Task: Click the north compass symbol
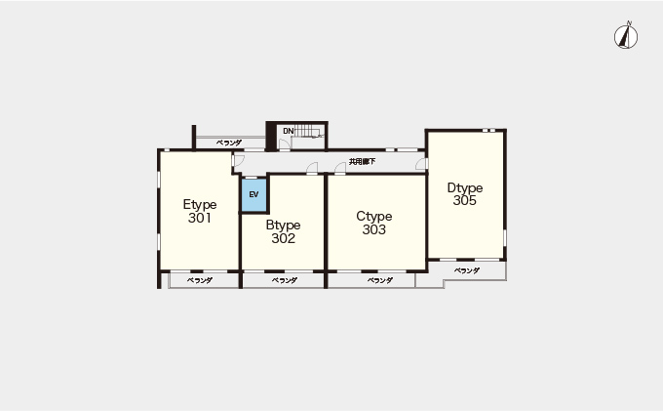coord(626,36)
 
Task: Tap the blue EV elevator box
coord(253,194)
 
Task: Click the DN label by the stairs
coord(288,131)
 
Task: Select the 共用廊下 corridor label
coord(362,162)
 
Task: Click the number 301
coord(200,218)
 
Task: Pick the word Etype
coord(200,205)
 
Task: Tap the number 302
coord(284,238)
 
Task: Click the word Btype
coord(284,226)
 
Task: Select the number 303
coord(374,229)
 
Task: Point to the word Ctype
coord(374,217)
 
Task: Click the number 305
coord(465,200)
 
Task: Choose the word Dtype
coord(465,188)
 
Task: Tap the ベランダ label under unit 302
coord(285,280)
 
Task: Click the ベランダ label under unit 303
coord(380,280)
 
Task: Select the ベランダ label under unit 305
coord(467,270)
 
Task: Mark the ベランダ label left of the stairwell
coord(229,143)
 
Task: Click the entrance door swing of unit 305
coord(421,163)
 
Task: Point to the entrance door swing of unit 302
coord(312,168)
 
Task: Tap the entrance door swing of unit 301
coord(238,160)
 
